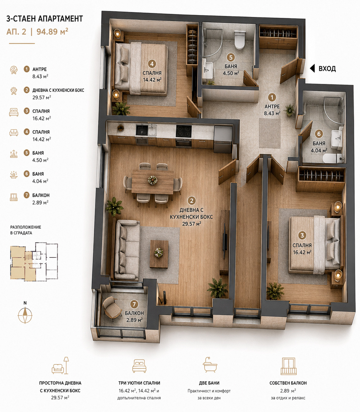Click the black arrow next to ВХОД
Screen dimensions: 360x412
312,69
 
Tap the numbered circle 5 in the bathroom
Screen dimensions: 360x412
231,57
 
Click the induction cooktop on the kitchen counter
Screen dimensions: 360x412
184,131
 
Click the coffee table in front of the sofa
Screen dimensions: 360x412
159,254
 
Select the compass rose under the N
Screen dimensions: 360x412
25,315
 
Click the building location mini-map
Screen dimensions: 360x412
34,261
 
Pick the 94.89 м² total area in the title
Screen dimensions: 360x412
52,32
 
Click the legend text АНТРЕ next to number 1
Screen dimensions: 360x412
40,69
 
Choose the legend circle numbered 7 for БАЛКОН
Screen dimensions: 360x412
27,195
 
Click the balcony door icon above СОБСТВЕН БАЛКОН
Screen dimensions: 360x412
288,366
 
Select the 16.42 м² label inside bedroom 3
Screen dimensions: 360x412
302,252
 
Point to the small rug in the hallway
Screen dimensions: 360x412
270,133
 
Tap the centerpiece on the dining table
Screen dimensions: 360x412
153,180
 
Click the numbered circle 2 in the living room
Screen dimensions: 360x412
192,201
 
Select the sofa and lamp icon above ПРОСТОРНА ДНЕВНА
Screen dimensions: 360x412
60,366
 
